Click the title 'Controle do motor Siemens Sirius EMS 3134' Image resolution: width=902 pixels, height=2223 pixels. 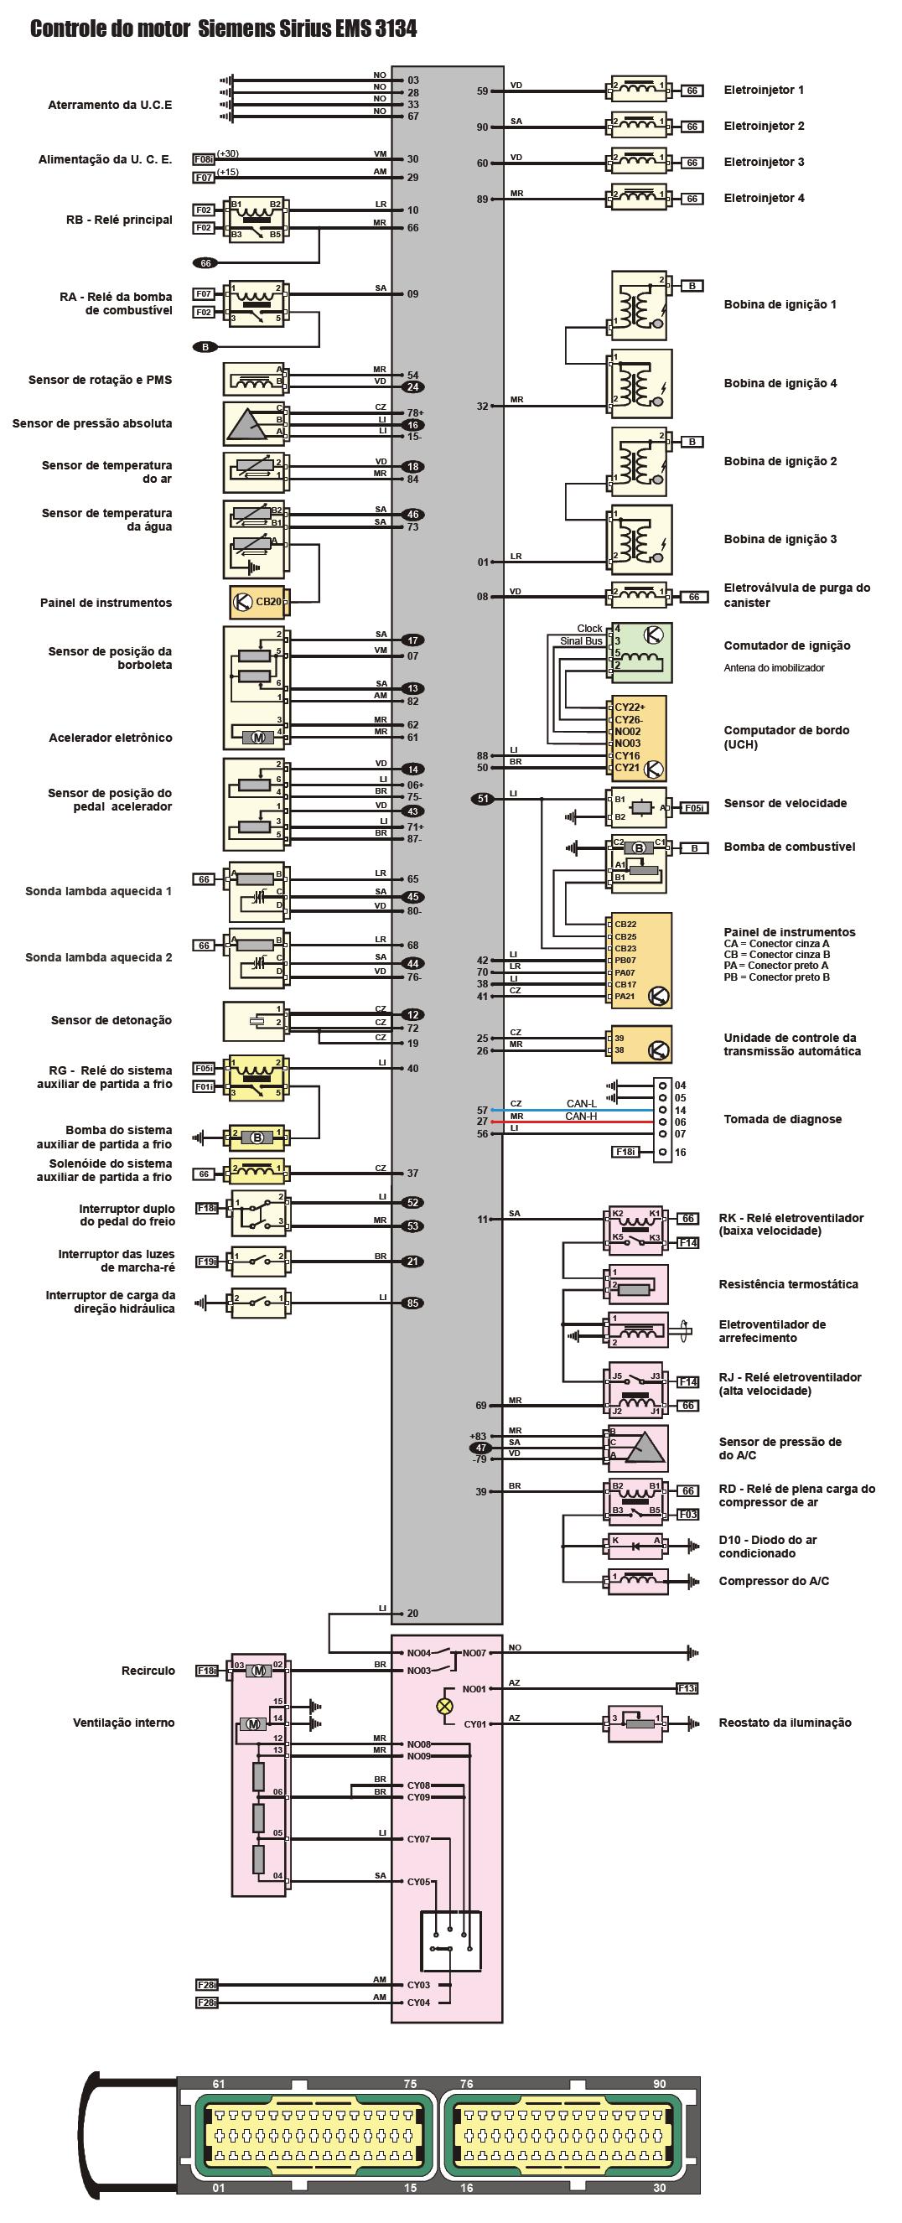(223, 29)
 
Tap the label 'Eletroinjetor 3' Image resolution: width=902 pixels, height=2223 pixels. (764, 163)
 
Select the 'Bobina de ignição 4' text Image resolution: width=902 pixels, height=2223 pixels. (780, 383)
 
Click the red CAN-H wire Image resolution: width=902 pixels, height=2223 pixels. (570, 1122)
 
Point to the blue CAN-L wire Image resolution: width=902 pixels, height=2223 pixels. (570, 1110)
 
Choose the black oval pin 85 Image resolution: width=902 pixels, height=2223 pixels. (412, 1303)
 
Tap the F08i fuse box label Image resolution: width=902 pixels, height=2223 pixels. (204, 159)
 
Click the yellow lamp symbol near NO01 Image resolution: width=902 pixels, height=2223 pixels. (445, 1705)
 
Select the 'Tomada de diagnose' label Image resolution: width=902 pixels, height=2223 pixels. (782, 1119)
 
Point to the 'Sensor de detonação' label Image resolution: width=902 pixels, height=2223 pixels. (111, 1020)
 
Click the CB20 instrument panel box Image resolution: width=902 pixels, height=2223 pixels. (257, 602)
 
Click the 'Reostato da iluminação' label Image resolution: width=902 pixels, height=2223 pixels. (785, 1723)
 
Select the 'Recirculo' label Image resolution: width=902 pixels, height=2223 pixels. (148, 1671)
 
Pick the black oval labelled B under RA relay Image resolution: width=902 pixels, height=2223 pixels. (205, 347)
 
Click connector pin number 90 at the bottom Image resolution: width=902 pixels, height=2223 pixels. (660, 2084)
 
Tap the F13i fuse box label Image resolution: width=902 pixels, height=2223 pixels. (687, 1688)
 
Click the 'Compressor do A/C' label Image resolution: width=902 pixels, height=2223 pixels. (774, 1581)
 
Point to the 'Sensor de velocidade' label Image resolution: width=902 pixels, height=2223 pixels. (785, 803)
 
